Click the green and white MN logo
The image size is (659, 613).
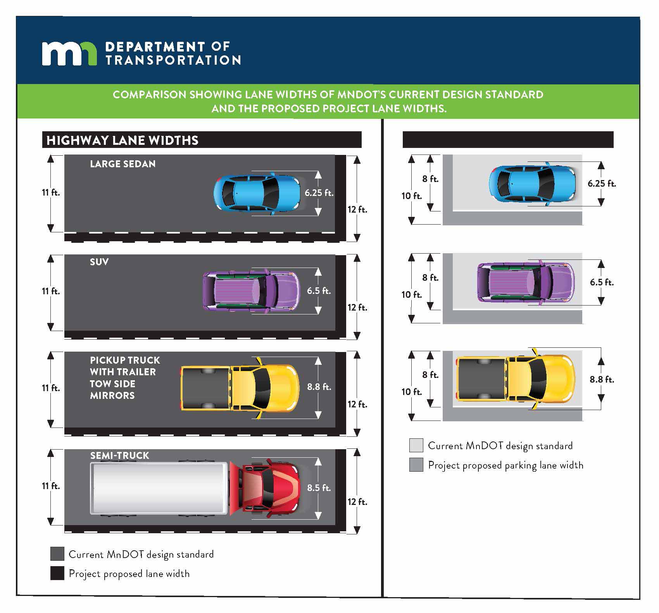tap(69, 53)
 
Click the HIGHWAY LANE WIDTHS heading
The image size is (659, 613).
tap(122, 140)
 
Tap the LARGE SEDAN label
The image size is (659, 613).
tap(122, 164)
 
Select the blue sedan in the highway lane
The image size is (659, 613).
tap(257, 193)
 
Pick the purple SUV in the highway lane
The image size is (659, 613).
tap(251, 290)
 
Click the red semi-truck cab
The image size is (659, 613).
tap(267, 488)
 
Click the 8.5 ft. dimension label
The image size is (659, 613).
tap(319, 488)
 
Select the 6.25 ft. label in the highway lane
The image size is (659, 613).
tap(319, 192)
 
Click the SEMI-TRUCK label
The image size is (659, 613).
tap(119, 455)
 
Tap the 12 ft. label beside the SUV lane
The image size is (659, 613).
tap(357, 307)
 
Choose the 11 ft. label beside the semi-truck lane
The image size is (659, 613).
tap(51, 486)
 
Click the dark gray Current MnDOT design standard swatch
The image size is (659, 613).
tap(57, 554)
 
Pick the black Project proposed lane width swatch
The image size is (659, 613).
tap(57, 573)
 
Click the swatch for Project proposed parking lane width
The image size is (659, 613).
tap(416, 465)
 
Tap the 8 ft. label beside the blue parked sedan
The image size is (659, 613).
tap(430, 179)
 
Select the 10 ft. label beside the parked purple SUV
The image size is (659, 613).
tap(411, 295)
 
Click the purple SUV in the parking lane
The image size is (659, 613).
tap(526, 282)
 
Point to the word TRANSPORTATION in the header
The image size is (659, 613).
tap(173, 60)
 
